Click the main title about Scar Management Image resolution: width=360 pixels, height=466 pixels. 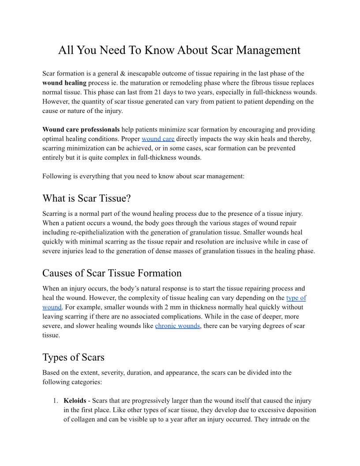pyautogui.click(x=179, y=50)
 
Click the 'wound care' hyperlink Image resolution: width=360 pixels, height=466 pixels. pyautogui.click(x=158, y=139)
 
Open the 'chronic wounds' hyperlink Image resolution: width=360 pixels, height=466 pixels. pyautogui.click(x=178, y=326)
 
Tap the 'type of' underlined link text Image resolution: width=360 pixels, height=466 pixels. pyautogui.click(x=296, y=298)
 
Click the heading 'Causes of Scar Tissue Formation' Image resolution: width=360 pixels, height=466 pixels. pyautogui.click(x=112, y=273)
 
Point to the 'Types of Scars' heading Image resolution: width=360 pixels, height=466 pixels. pyautogui.click(x=73, y=357)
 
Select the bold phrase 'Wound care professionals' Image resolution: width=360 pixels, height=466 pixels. pyautogui.click(x=81, y=130)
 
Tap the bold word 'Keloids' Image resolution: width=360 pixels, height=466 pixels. pyautogui.click(x=75, y=401)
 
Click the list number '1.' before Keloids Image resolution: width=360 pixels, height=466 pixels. pyautogui.click(x=55, y=401)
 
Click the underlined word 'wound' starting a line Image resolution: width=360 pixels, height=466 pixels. pyautogui.click(x=52, y=307)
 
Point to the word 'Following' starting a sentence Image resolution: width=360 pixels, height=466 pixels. pyautogui.click(x=56, y=176)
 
